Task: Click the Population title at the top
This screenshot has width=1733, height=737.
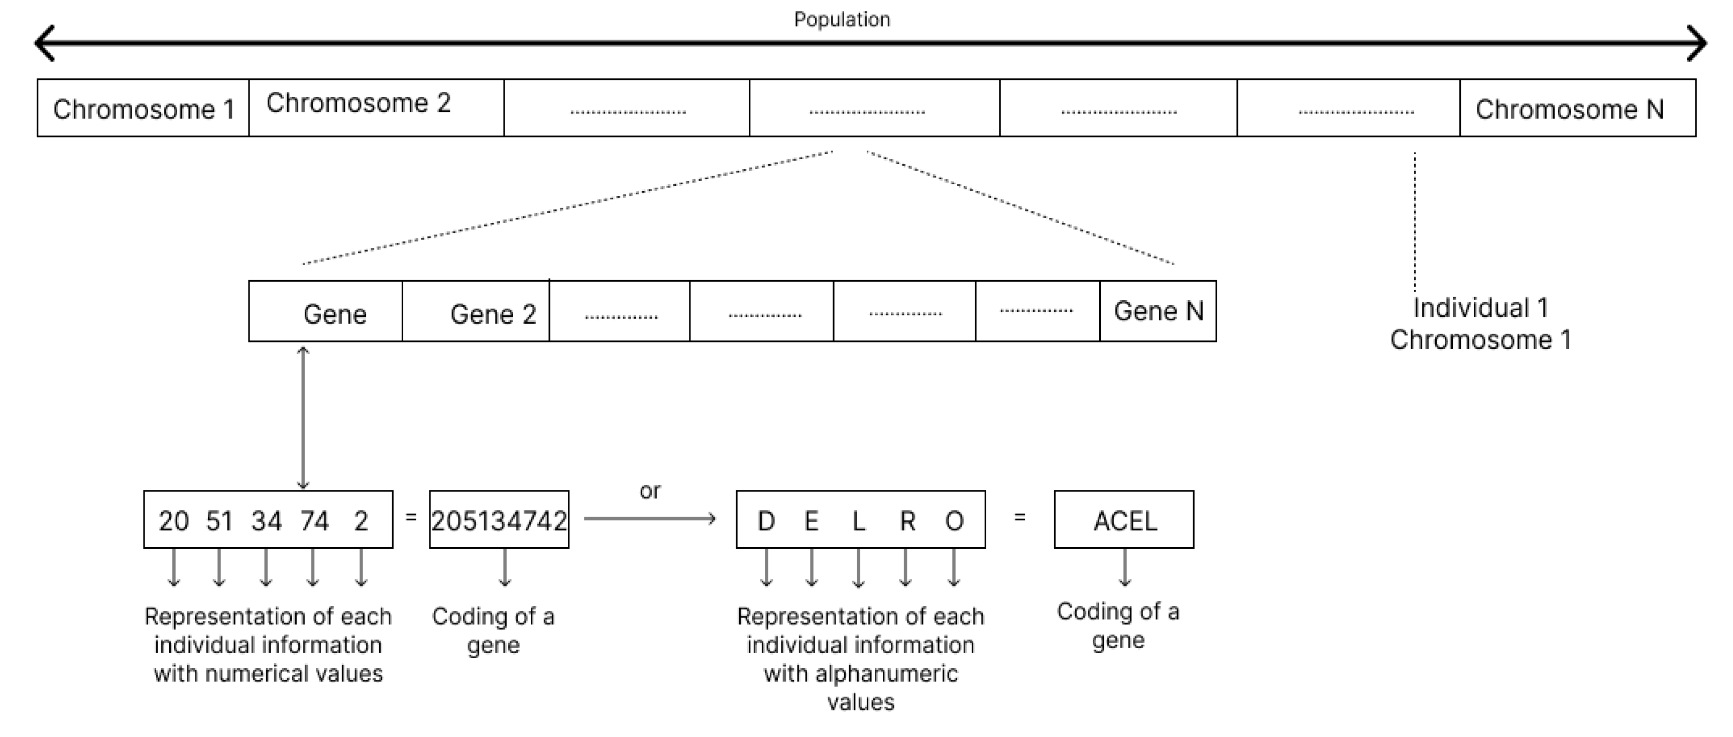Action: coord(842,20)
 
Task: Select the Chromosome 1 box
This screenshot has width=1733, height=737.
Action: coord(143,108)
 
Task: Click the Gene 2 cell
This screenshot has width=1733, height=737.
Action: coord(476,312)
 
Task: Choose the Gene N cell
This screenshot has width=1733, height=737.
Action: coord(1158,311)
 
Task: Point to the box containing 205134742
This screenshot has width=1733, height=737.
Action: coord(499,520)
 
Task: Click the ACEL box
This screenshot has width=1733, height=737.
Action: coord(1124,520)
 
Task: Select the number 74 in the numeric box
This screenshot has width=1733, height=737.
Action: coord(314,521)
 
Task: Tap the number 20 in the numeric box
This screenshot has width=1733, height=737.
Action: coord(174,521)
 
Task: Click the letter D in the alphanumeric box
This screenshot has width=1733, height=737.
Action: coord(766,521)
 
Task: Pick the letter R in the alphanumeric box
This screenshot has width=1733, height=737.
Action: coord(907,521)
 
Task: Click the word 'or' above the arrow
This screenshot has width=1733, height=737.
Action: coord(650,491)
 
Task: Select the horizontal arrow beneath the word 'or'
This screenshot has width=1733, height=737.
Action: coord(650,519)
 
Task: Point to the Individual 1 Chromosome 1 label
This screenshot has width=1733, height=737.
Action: coord(1480,323)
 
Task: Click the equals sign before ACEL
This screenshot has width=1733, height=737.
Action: coord(1020,517)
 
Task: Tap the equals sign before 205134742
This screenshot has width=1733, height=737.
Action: coord(411,517)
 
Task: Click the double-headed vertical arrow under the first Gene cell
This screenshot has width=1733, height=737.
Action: coord(303,417)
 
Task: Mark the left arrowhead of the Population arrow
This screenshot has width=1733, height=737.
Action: coord(44,44)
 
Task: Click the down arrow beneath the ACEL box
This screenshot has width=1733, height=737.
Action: coord(1124,567)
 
